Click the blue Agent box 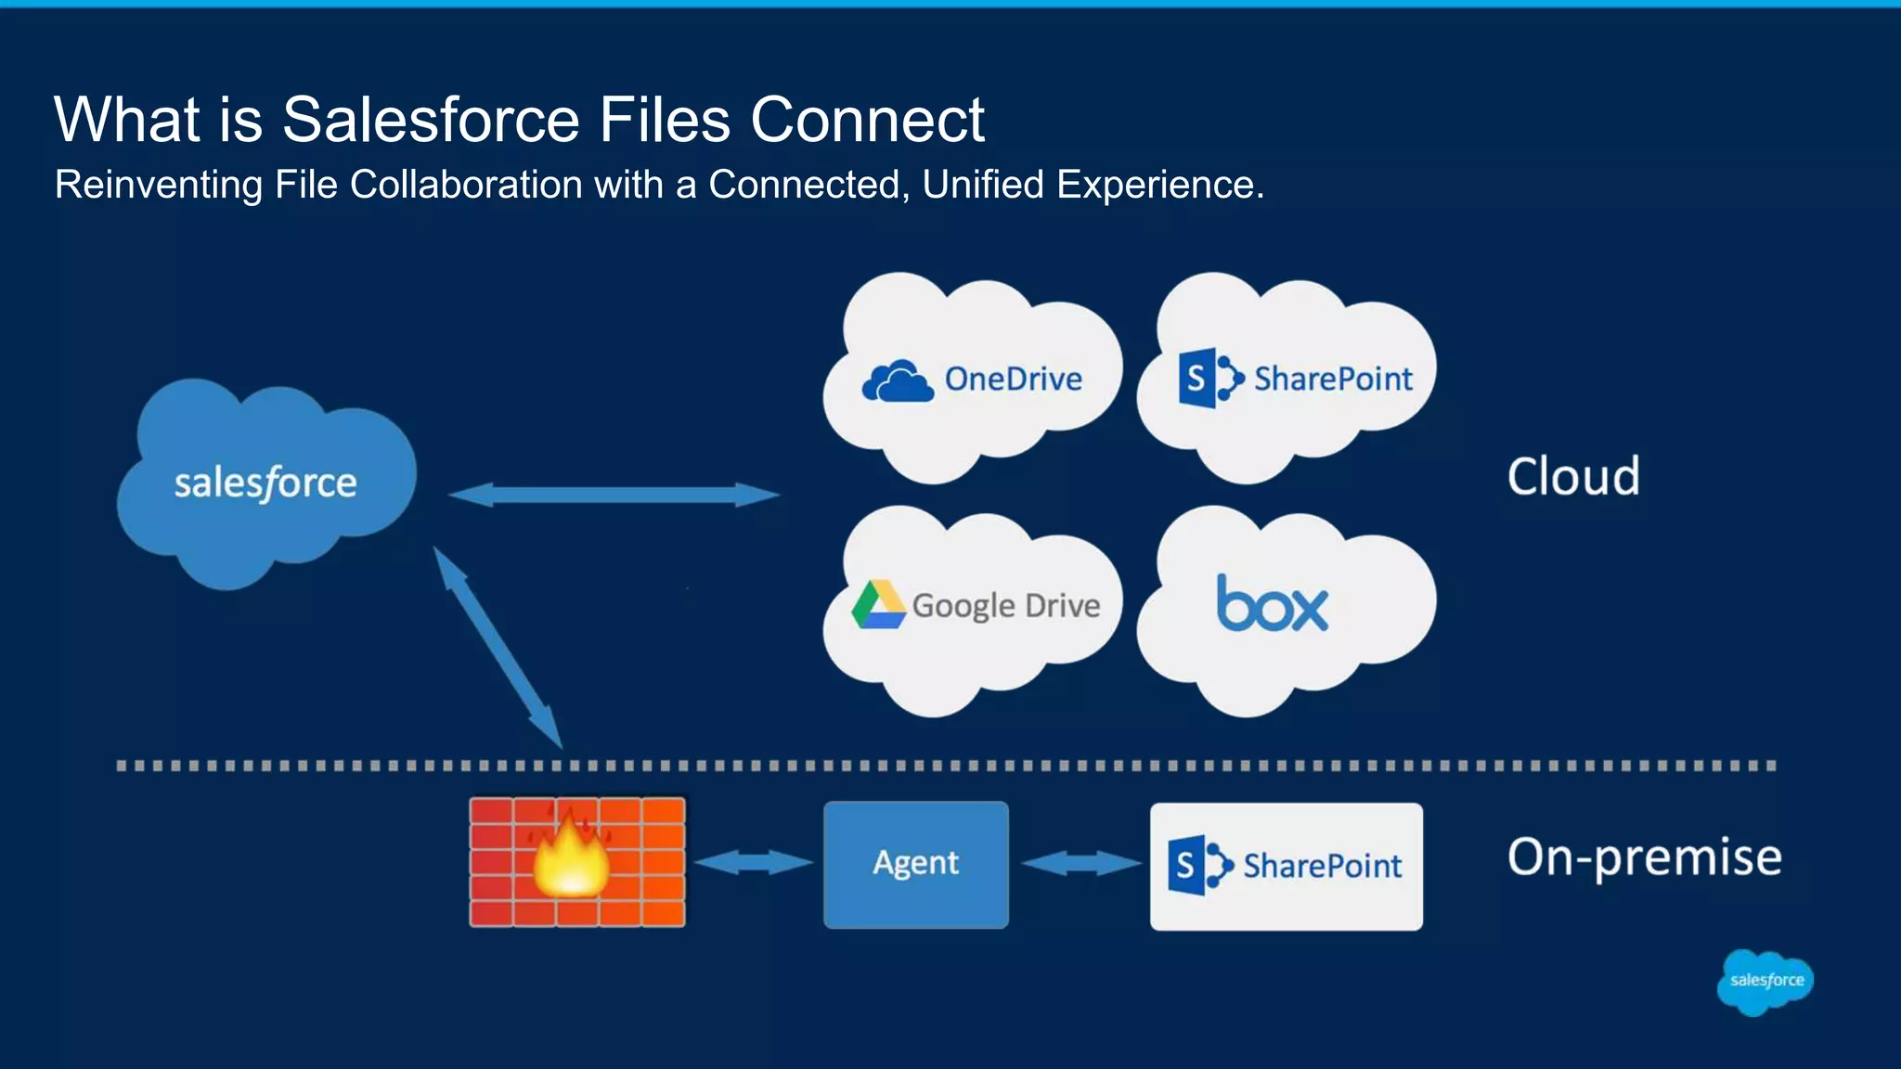[915, 864]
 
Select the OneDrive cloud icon [897, 381]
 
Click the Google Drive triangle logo [878, 605]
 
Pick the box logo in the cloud [1272, 604]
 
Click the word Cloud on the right [1573, 477]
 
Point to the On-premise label [1644, 857]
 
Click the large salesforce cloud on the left [266, 483]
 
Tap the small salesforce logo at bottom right [1765, 981]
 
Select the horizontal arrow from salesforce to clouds [613, 495]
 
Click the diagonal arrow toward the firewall [498, 647]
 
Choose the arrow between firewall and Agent [753, 863]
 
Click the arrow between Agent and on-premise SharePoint [1080, 864]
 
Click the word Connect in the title [867, 120]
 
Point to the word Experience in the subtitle [1158, 185]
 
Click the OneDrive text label [1013, 380]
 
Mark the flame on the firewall [570, 858]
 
